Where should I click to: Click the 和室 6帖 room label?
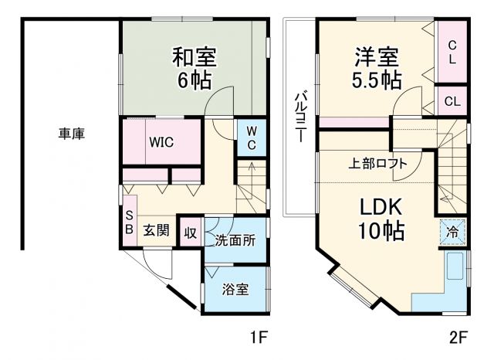click(193, 68)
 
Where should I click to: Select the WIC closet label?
click(161, 142)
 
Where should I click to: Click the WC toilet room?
click(252, 138)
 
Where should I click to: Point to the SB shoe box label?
click(129, 223)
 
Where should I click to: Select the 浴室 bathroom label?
click(235, 290)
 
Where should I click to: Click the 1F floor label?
click(257, 338)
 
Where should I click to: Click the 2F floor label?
click(458, 338)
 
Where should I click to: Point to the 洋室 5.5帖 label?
click(377, 68)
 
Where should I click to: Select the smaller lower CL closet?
click(452, 101)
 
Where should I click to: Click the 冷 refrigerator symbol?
click(453, 230)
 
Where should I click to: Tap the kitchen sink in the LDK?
click(454, 267)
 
